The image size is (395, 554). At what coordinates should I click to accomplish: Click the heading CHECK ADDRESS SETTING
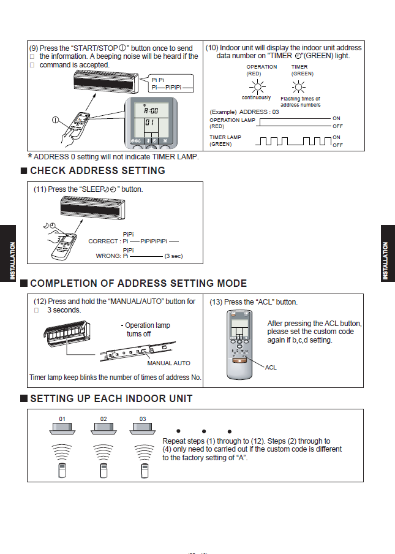pos(97,170)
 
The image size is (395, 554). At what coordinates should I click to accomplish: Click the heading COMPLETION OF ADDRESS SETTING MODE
pos(138,283)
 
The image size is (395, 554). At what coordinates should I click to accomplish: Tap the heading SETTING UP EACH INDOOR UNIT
pos(111,398)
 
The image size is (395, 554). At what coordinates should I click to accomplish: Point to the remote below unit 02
pos(102,471)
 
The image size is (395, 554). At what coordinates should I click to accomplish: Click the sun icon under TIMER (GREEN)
pos(299,87)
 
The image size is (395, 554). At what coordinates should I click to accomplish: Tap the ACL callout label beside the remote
pos(271,368)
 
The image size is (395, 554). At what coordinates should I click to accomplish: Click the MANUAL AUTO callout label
pos(168,363)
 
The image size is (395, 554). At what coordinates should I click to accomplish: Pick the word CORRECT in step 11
pos(103,241)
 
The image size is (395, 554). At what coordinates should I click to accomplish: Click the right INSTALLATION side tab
pos(385,260)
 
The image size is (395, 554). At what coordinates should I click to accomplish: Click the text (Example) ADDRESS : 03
pos(244,112)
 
